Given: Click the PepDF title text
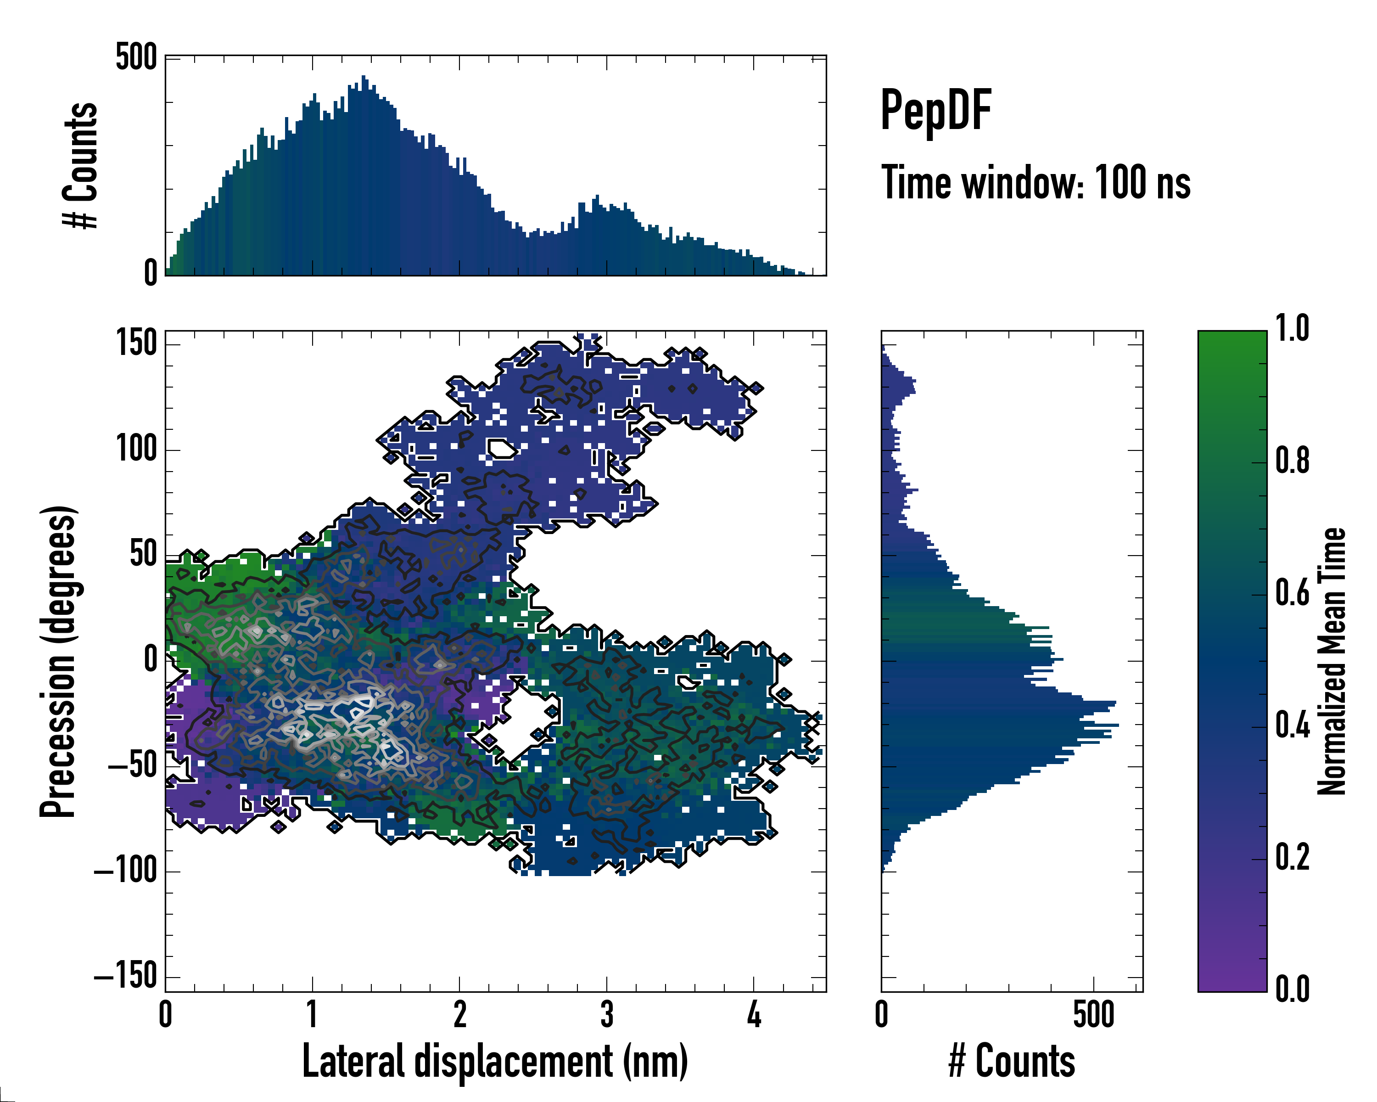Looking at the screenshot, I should pyautogui.click(x=935, y=111).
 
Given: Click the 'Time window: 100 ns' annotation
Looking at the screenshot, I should pyautogui.click(x=1036, y=183).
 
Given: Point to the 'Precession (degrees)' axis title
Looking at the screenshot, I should pyautogui.click(x=58, y=661).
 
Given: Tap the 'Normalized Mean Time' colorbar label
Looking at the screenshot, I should pyautogui.click(x=1332, y=661).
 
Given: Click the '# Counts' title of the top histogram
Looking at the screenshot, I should pyautogui.click(x=80, y=165).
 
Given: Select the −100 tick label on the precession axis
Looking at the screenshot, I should pyautogui.click(x=126, y=870).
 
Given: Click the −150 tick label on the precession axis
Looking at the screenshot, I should pyautogui.click(x=126, y=976).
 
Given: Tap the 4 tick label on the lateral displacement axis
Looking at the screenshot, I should pyautogui.click(x=754, y=1014).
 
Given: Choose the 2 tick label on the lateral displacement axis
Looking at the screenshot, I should pyautogui.click(x=459, y=1014).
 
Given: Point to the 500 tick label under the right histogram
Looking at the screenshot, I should pyautogui.click(x=1093, y=1014).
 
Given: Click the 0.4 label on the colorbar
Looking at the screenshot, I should pyautogui.click(x=1292, y=726).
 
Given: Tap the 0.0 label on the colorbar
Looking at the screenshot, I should pyautogui.click(x=1292, y=989).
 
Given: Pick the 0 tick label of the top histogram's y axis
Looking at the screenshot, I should pyautogui.click(x=151, y=273).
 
